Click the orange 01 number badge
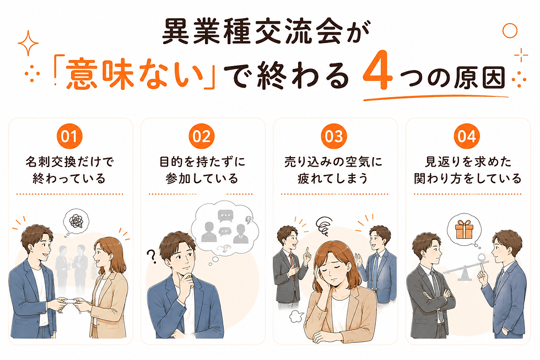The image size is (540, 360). click(x=69, y=136)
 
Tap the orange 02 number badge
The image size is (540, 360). click(x=202, y=136)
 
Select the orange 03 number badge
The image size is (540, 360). click(x=334, y=136)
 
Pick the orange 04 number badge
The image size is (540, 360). click(x=467, y=136)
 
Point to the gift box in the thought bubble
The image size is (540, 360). click(x=464, y=229)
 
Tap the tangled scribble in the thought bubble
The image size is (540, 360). click(x=76, y=221)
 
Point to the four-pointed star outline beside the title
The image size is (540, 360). click(x=28, y=43)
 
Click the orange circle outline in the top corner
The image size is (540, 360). click(x=510, y=31)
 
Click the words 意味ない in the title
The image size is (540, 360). click(x=134, y=73)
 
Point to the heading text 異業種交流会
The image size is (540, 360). click(x=252, y=31)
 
